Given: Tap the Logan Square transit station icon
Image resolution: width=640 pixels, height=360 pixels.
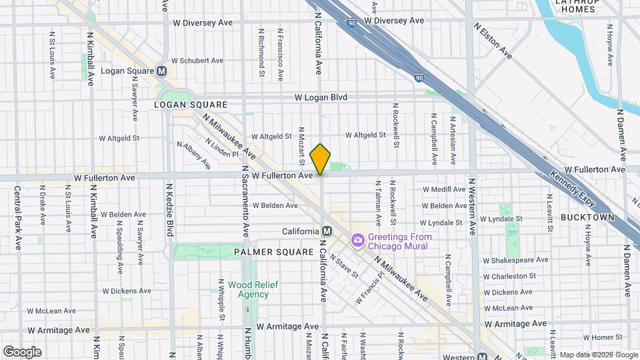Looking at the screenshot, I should pos(161,71).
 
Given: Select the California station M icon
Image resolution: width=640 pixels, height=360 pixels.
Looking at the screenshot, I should pos(327,231).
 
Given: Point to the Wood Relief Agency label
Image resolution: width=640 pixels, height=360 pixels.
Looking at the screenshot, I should pos(248,289).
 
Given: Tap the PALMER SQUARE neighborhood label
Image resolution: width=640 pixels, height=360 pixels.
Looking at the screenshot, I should pos(273,252).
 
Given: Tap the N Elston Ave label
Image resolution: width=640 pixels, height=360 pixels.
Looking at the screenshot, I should pos(493,41).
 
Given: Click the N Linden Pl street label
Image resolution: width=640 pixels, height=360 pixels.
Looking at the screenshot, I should pos(221,148).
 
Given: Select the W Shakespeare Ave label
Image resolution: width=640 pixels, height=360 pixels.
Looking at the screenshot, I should pos(515,260).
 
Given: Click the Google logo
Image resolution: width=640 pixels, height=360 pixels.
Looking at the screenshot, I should pos(22,351).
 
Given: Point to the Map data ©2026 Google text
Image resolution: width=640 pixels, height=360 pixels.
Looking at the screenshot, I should pos(599,354).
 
